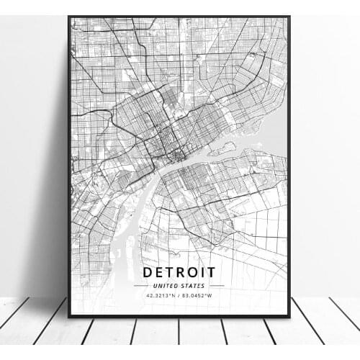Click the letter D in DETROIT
click(148, 272)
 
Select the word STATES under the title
click(192, 286)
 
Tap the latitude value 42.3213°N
click(159, 296)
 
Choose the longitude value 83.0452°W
click(199, 296)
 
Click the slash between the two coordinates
click(179, 296)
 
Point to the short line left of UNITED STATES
click(143, 286)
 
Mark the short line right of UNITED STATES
click(216, 286)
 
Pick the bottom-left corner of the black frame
click(69, 316)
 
